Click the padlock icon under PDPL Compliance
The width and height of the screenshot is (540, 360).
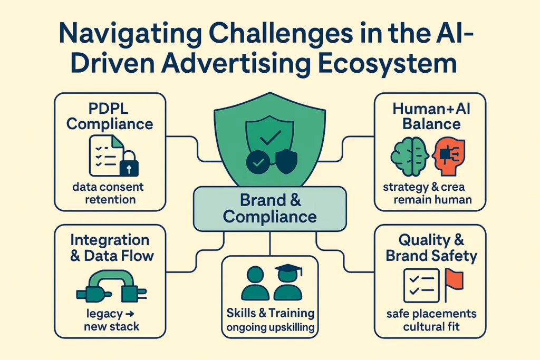coord(129,164)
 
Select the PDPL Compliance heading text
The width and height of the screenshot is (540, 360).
coord(110,116)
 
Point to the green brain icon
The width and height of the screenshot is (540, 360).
coord(409,157)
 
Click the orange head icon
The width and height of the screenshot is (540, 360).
coord(449,157)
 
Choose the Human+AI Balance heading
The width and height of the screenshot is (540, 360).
coord(431,116)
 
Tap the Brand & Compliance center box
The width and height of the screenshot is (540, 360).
coord(270,209)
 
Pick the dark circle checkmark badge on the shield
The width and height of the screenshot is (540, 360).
coord(258,162)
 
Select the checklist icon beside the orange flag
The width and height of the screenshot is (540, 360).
coord(421,286)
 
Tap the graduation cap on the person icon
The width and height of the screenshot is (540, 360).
coord(288,269)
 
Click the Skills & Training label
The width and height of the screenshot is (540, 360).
coord(271,313)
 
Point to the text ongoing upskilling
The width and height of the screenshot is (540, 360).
coord(271,327)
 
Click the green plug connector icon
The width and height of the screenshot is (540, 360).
coord(111,286)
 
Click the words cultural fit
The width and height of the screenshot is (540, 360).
coord(431,326)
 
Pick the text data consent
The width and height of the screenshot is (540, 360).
coord(108,187)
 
